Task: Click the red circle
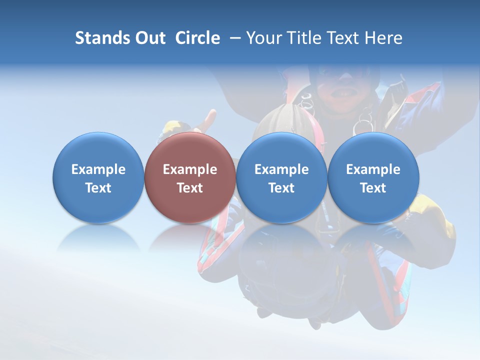click(190, 177)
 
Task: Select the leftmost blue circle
click(98, 177)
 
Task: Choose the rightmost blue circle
click(373, 177)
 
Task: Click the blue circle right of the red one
click(281, 177)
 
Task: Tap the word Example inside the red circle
click(190, 169)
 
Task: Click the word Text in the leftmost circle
click(98, 188)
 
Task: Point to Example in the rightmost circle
click(373, 169)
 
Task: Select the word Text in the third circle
click(281, 188)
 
